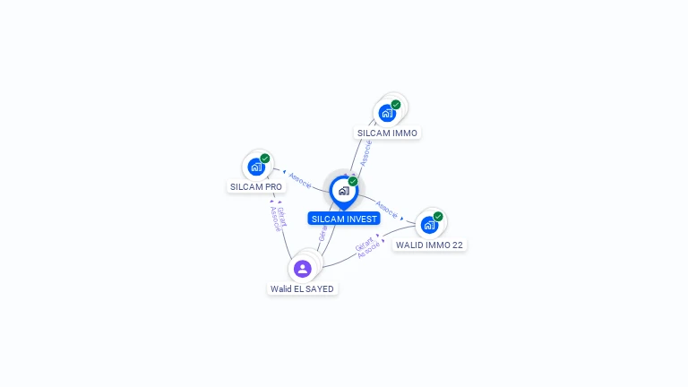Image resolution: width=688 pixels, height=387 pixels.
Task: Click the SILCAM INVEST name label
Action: [344, 219]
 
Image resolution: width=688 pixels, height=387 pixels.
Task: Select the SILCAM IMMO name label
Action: [387, 133]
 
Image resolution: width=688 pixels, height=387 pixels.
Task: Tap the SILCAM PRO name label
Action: [256, 187]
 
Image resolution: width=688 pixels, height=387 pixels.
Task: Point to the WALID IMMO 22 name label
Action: [430, 245]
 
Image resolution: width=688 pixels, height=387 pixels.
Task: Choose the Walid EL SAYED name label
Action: [303, 289]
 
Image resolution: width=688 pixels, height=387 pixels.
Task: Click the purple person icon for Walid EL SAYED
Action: [303, 269]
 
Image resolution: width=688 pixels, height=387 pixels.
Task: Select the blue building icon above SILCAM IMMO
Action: [387, 113]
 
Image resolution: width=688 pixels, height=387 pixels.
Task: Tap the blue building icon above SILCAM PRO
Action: [256, 167]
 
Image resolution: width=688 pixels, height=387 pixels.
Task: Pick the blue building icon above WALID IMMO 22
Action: [429, 225]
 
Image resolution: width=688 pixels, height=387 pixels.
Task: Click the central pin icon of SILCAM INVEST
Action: [343, 191]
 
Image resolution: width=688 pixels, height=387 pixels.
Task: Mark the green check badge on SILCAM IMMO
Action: [396, 104]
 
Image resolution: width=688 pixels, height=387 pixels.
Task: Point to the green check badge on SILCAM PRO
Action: [265, 159]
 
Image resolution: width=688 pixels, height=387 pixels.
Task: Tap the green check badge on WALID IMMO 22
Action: [438, 216]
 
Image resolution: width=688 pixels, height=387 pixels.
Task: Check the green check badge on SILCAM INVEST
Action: [353, 181]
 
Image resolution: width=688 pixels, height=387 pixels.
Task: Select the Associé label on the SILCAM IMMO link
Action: [365, 151]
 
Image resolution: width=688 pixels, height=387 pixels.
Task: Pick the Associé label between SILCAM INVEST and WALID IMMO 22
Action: [387, 210]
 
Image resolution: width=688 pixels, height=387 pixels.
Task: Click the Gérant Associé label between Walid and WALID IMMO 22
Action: [366, 248]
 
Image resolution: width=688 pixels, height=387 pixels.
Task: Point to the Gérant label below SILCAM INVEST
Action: [322, 234]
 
